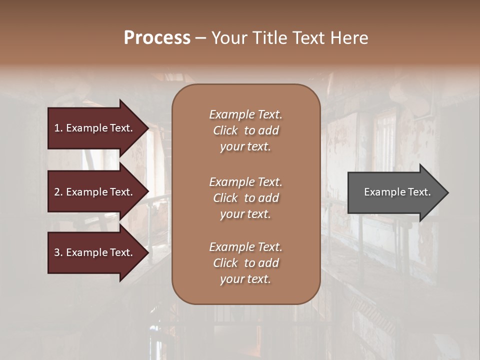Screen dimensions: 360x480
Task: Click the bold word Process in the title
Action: pyautogui.click(x=157, y=38)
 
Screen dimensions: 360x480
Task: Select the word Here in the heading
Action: pyautogui.click(x=349, y=38)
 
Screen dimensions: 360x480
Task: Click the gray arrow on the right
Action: pyautogui.click(x=395, y=192)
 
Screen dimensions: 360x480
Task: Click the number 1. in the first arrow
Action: pyautogui.click(x=58, y=128)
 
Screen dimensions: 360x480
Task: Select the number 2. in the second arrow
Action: pyautogui.click(x=58, y=192)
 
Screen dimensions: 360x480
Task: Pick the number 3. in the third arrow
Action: pyautogui.click(x=58, y=252)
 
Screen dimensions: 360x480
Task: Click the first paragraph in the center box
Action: pyautogui.click(x=245, y=130)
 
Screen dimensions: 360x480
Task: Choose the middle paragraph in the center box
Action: pyautogui.click(x=245, y=198)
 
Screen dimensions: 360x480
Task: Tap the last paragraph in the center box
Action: pyautogui.click(x=245, y=263)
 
